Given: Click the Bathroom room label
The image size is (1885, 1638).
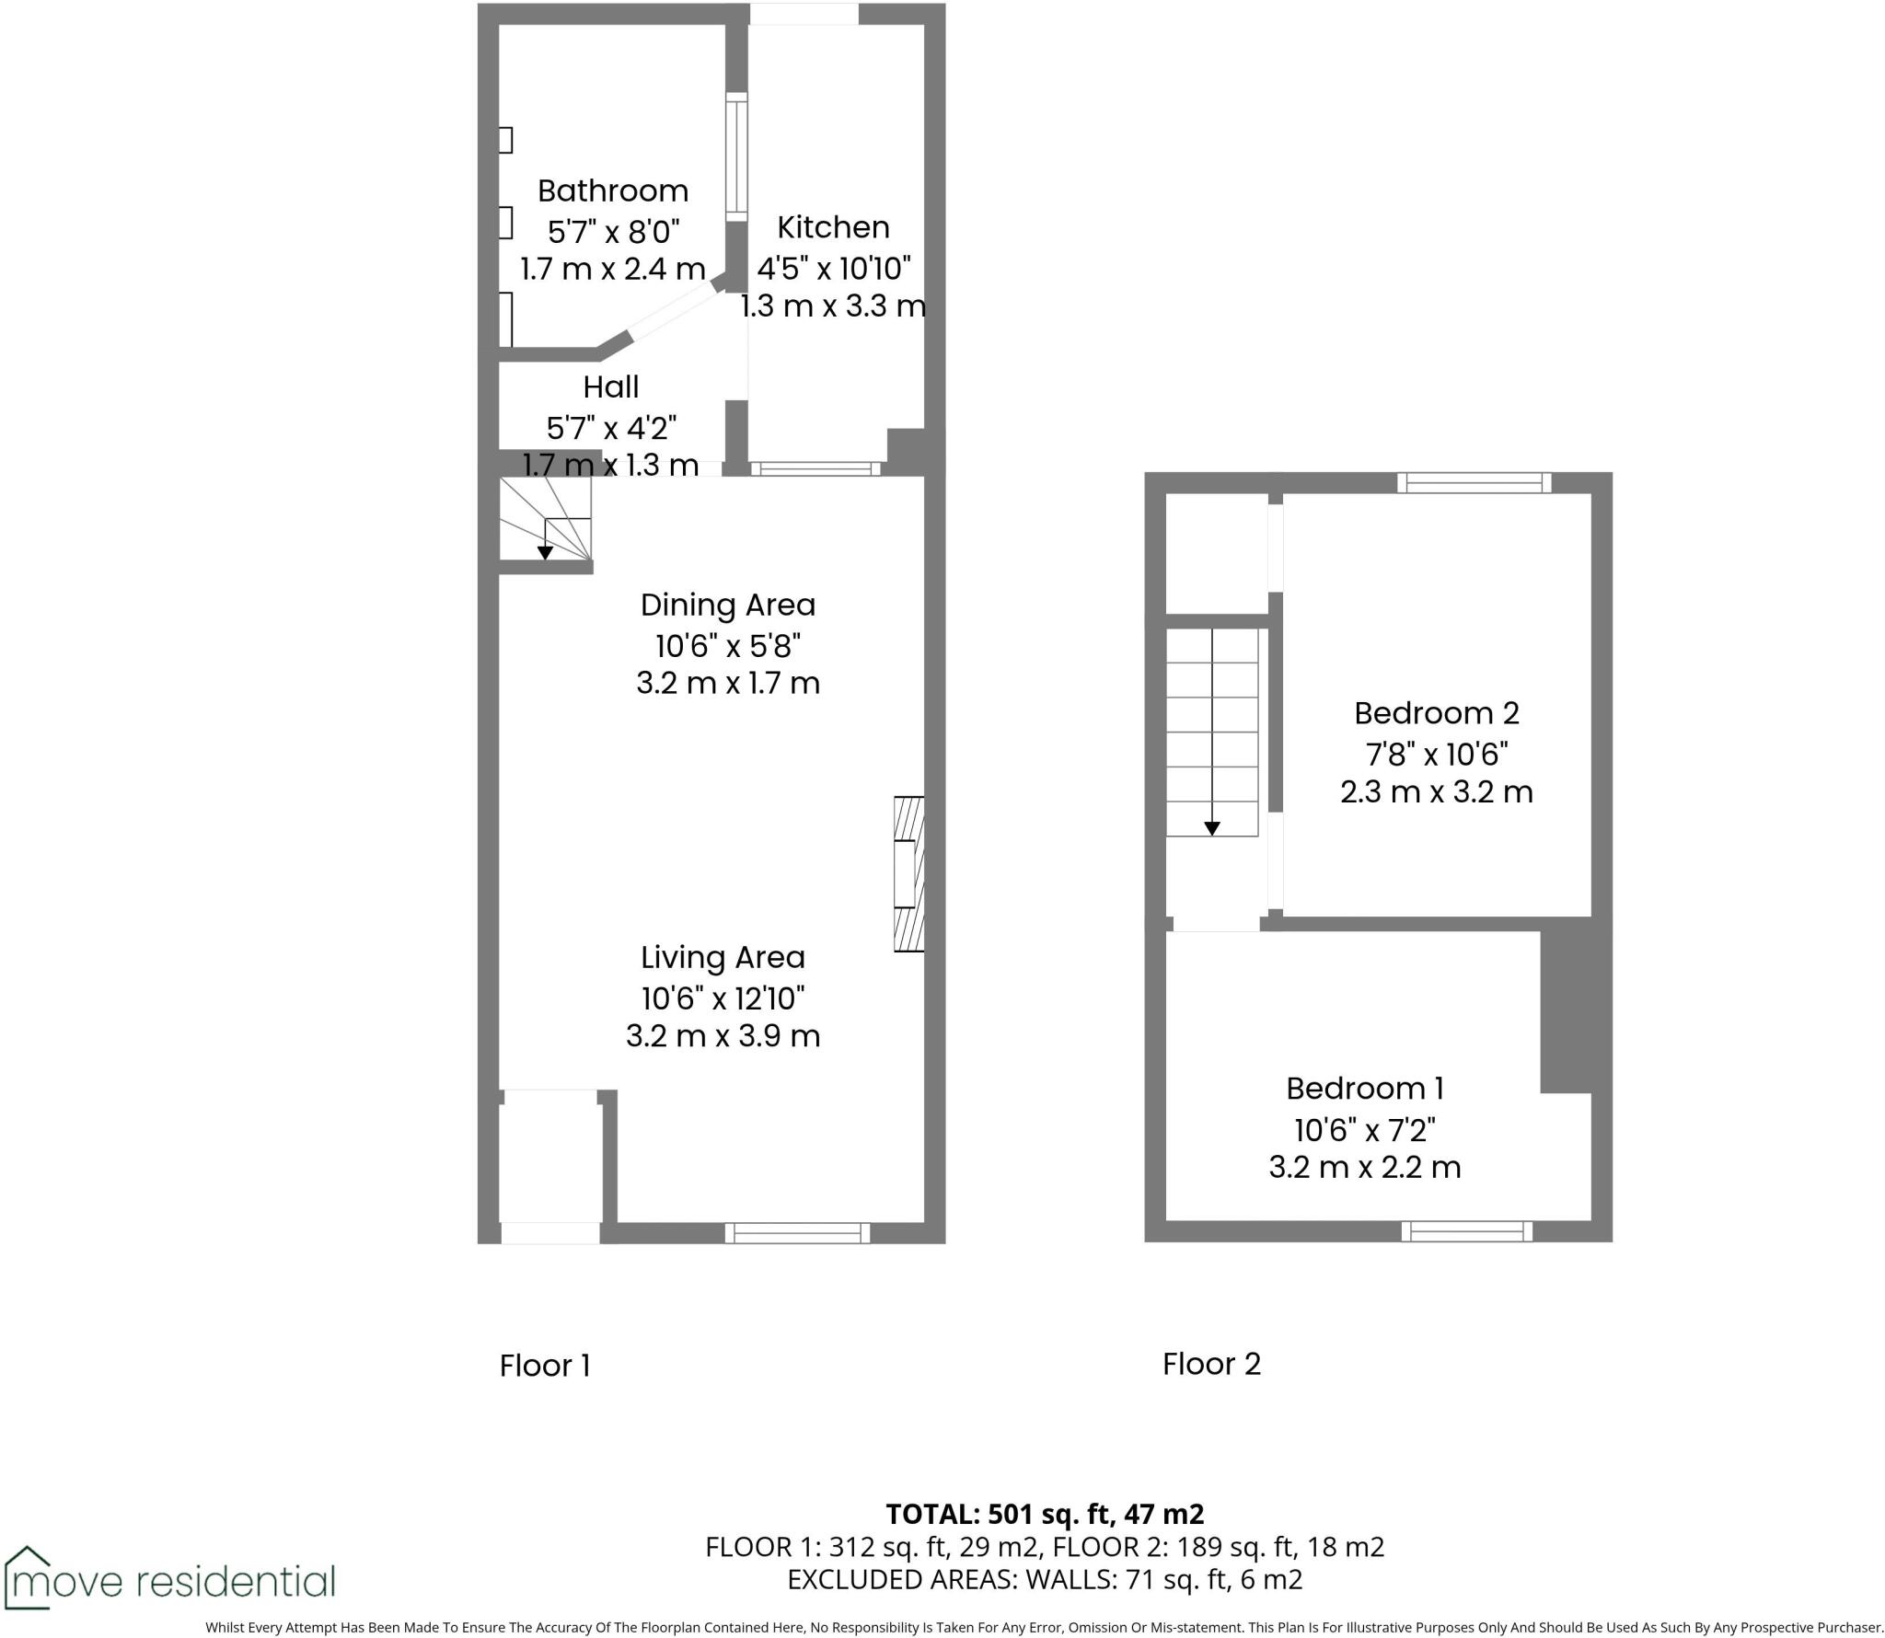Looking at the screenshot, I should (612, 191).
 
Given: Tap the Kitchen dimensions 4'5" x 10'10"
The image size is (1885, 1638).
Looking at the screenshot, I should (833, 269).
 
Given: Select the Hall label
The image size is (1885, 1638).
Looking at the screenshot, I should (610, 386).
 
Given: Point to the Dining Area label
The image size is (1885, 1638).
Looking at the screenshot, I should (727, 606).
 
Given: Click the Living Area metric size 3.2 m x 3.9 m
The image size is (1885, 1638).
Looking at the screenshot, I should (723, 1036).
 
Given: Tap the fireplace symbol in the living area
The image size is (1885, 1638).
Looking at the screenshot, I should (908, 873).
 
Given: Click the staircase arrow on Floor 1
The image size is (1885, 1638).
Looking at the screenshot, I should (545, 551).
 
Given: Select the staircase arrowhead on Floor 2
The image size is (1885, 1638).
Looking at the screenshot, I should (1212, 828).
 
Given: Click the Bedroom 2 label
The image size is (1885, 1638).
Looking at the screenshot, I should (1436, 713).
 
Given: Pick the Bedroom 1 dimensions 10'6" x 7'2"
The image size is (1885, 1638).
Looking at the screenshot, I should (1364, 1129).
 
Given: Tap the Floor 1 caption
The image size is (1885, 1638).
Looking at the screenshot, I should (544, 1366).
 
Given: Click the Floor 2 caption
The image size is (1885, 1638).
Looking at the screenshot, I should (1211, 1364).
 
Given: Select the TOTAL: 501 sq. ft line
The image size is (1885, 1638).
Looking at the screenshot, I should (1045, 1514).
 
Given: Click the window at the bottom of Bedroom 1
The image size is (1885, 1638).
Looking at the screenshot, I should (1467, 1231).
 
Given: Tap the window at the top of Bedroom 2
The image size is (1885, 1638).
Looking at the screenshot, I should (1474, 482).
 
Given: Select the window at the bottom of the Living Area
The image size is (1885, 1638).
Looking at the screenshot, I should (797, 1233).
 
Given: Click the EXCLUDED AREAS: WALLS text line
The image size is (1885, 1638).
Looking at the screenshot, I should (1045, 1579).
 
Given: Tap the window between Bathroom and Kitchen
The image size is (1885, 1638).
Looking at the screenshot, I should (736, 156).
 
